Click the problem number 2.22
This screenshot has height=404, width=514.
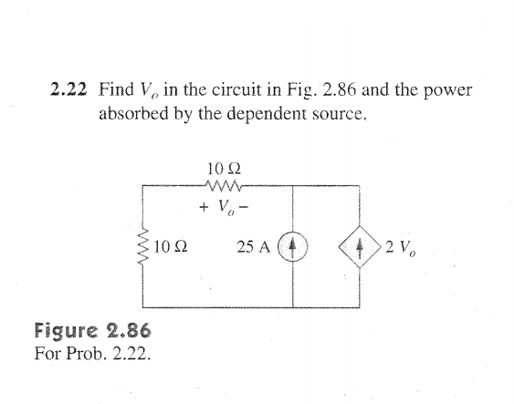coord(68,89)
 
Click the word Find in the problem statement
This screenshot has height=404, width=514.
coord(116,89)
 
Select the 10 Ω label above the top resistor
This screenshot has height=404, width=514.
coord(225,169)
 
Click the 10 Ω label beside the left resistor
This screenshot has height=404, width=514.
coord(171,246)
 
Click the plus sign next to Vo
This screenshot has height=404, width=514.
coord(204,207)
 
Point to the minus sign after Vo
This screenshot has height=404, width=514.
coord(244,207)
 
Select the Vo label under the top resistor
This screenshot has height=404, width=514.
coord(226,208)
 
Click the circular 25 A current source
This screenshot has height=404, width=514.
coord(293,246)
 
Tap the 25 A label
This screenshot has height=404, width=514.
coord(254,247)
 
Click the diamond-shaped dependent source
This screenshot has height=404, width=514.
coord(360,246)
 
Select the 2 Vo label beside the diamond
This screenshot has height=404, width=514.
coord(401,247)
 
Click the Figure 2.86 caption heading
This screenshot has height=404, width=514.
coord(93,330)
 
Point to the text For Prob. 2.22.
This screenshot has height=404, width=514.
coord(93,353)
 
